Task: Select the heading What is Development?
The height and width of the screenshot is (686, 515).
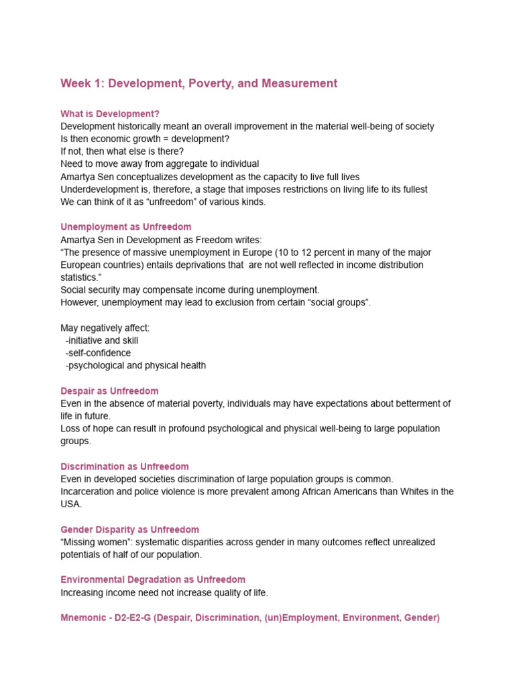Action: pyautogui.click(x=110, y=114)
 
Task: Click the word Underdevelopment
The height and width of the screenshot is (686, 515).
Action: pyautogui.click(x=99, y=190)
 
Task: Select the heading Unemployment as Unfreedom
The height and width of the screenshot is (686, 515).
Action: pyautogui.click(x=125, y=227)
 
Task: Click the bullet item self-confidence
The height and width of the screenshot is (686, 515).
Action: pyautogui.click(x=99, y=353)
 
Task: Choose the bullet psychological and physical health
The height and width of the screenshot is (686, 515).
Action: pyautogui.click(x=136, y=366)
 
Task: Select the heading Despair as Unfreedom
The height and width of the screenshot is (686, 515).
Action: pyautogui.click(x=109, y=391)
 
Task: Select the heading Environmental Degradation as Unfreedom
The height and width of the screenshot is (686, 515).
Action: pyautogui.click(x=153, y=579)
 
